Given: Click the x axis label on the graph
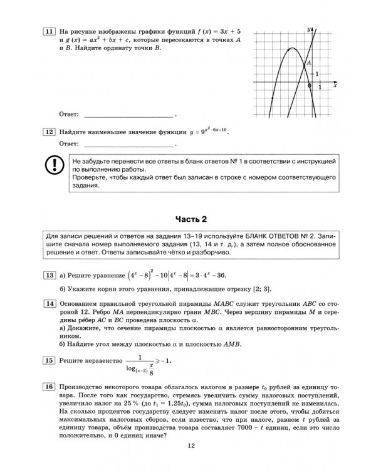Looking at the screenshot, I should [335, 86].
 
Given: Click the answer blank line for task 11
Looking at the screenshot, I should [128, 117].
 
